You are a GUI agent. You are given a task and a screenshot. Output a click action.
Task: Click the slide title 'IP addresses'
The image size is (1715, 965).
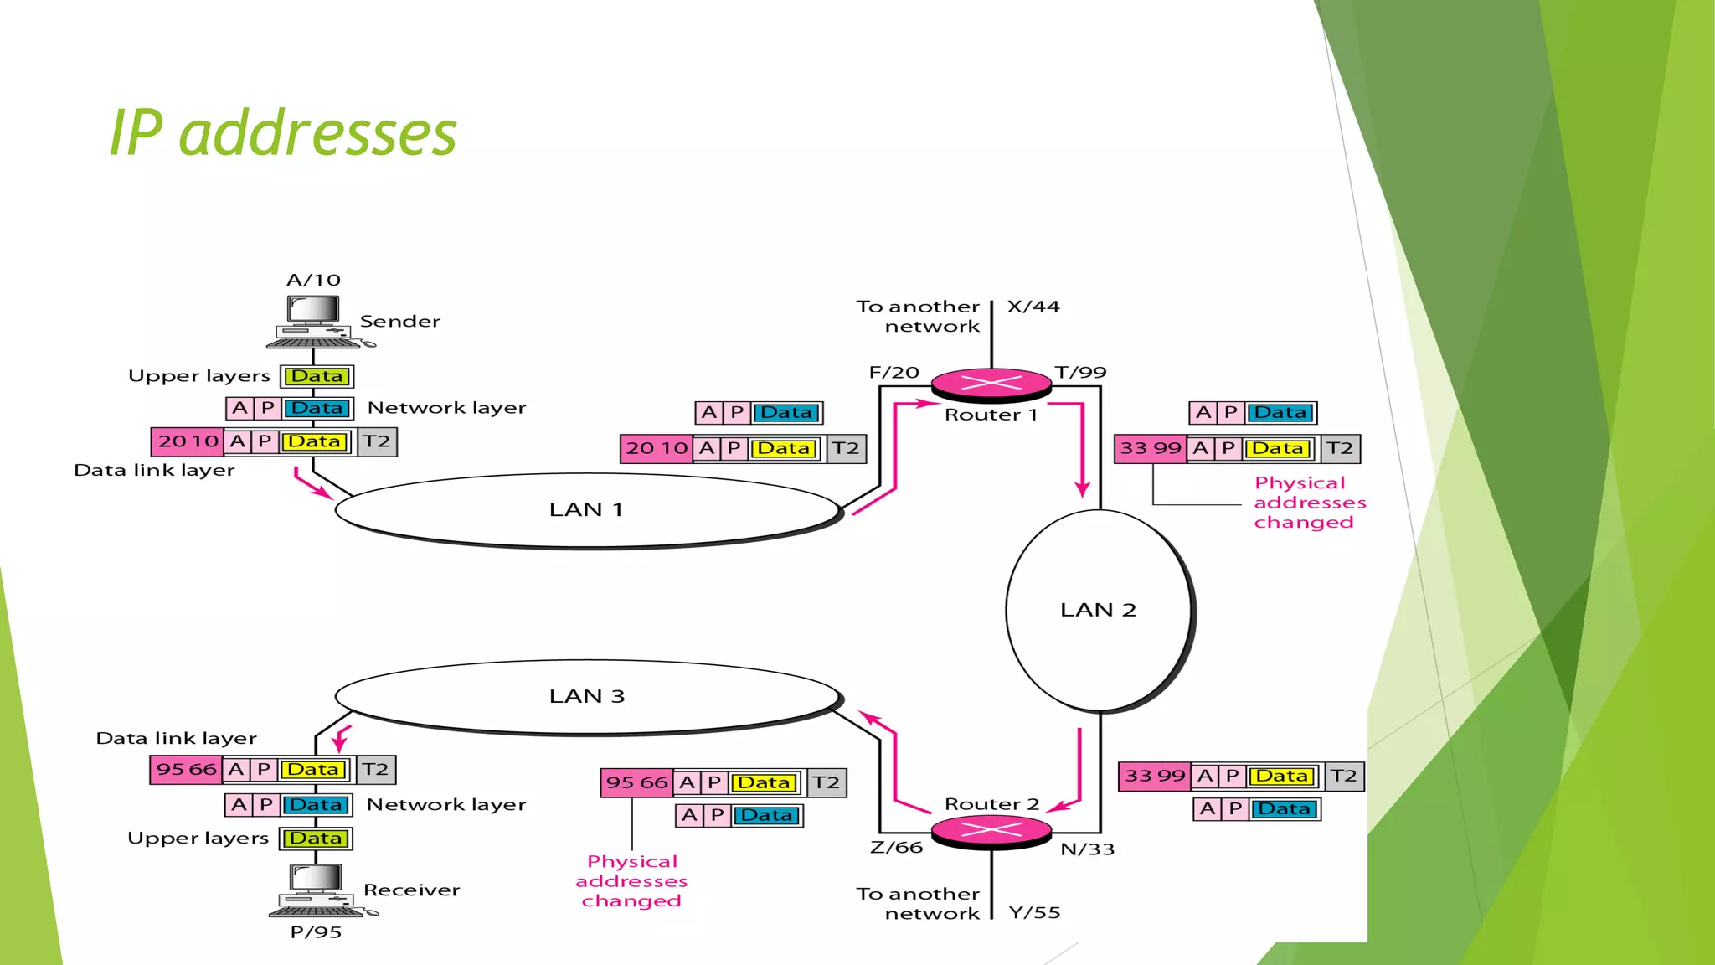[x=283, y=134]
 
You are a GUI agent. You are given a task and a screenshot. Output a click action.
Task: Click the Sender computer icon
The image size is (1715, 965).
[x=315, y=322]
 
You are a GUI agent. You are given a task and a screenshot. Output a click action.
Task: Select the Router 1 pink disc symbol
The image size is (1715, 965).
[x=991, y=384]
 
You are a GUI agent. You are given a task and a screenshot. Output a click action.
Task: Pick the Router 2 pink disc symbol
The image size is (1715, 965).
[x=991, y=830]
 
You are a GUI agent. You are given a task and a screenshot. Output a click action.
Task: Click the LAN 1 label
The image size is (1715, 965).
[x=586, y=509]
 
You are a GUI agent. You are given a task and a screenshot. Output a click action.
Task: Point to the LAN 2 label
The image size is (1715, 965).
[x=1098, y=610]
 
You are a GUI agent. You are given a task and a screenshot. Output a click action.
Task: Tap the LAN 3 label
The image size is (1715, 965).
[x=587, y=696]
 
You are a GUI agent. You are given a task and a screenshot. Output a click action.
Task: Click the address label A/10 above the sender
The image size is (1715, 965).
[x=314, y=280]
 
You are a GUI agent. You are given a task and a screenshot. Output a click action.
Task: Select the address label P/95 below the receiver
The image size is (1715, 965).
[x=316, y=932]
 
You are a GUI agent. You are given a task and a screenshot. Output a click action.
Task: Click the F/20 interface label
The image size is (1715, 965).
[x=894, y=372]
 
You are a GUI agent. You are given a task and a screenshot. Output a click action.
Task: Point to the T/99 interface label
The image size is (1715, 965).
[x=1080, y=372]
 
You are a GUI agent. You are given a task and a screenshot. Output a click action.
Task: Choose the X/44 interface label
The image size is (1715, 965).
[x=1033, y=307]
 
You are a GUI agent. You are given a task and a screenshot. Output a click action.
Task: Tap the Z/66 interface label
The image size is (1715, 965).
[x=896, y=848]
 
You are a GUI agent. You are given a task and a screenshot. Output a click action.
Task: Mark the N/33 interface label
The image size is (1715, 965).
[x=1087, y=849]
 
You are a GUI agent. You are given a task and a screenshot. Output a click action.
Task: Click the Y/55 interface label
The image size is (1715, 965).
[x=1034, y=912]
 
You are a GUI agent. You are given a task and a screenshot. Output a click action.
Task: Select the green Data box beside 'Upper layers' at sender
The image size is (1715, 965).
[x=317, y=376]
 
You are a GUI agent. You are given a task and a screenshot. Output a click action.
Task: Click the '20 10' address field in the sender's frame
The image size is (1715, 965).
[x=188, y=441]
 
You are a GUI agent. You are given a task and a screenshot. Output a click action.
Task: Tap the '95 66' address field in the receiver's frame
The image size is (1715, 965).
[x=187, y=769]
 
